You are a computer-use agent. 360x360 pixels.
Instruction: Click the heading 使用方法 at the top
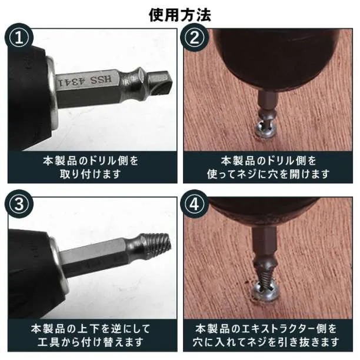(x=180, y=15)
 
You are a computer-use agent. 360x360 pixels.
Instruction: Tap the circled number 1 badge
(x=19, y=38)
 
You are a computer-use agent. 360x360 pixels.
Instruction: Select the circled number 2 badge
(x=194, y=38)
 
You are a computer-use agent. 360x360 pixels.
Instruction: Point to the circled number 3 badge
(x=19, y=204)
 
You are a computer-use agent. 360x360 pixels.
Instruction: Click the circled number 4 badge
(x=194, y=204)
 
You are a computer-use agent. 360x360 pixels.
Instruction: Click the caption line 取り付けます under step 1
(x=91, y=174)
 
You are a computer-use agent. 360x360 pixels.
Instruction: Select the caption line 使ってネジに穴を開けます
(x=268, y=174)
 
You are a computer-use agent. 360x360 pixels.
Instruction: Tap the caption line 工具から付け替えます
(x=91, y=342)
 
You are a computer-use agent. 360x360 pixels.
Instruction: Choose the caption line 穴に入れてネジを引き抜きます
(x=266, y=342)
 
